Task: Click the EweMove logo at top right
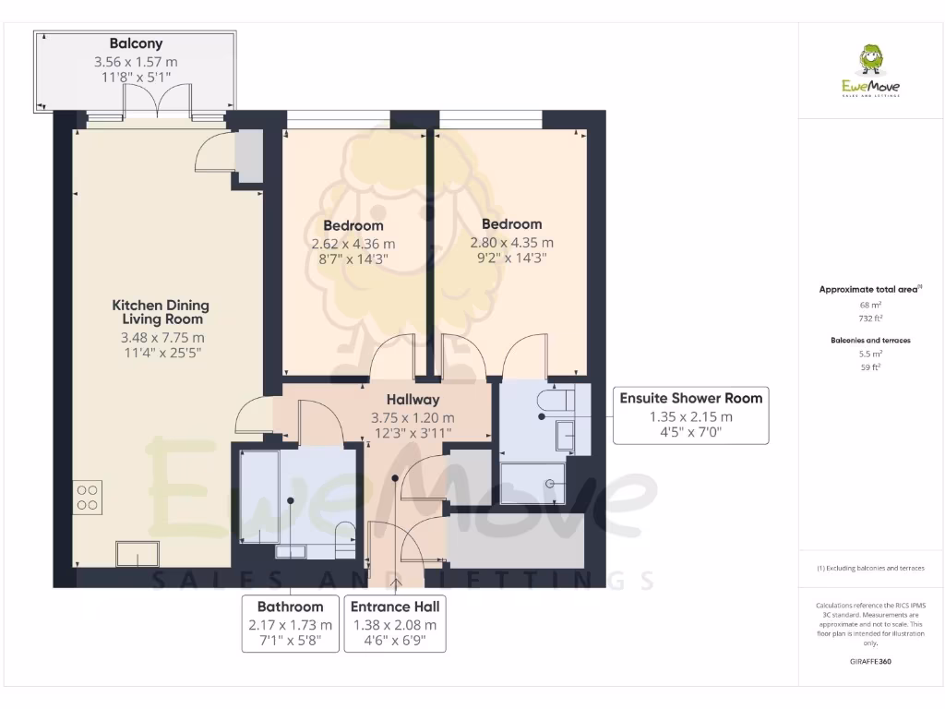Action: pos(870,72)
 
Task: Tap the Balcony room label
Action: pos(136,43)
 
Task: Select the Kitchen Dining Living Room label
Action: pos(161,312)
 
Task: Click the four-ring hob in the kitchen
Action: pos(89,498)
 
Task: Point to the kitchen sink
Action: pos(137,554)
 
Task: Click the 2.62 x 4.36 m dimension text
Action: pos(353,244)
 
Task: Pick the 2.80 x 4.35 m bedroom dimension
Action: pos(511,243)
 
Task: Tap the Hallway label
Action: pos(413,400)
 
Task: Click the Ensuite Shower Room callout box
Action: pos(690,415)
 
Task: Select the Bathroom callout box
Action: pos(290,624)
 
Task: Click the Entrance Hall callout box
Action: pos(395,624)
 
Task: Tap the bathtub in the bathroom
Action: pos(259,499)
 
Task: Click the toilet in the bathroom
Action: pos(345,534)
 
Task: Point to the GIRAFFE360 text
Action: pos(870,662)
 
